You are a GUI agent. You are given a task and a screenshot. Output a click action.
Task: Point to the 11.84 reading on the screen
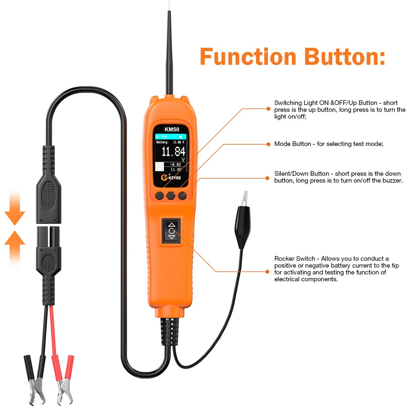[x=173, y=152]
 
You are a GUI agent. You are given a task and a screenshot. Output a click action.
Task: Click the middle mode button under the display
[x=171, y=196]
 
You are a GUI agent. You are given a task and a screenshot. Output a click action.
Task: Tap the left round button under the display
[x=159, y=196]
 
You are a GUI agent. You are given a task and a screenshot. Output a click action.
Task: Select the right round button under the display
[x=182, y=196]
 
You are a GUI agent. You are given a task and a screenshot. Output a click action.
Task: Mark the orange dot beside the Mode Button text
[x=268, y=144]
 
